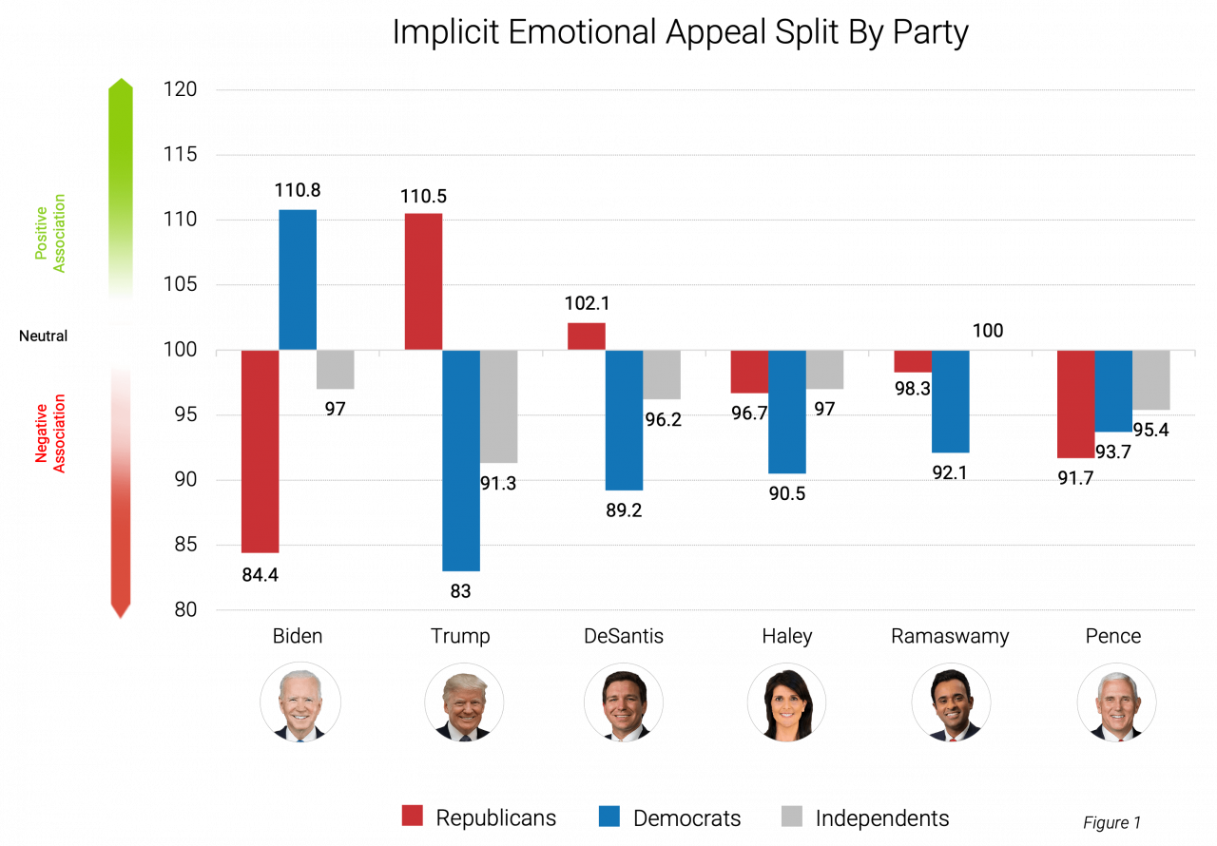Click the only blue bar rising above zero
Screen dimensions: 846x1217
(x=297, y=279)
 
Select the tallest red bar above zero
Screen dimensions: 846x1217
(x=423, y=281)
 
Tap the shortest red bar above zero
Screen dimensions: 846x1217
(x=586, y=336)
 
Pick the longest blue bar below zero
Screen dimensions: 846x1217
(x=460, y=461)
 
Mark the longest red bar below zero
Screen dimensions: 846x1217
(x=260, y=452)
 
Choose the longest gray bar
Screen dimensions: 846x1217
(x=498, y=407)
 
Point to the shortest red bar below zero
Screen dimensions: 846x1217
(x=912, y=362)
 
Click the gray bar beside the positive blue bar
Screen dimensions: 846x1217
(x=335, y=370)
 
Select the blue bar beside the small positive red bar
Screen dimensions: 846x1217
(x=624, y=421)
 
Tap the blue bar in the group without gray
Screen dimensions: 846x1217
(x=950, y=402)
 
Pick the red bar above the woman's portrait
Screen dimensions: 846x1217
(x=748, y=372)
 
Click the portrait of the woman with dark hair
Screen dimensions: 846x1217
(x=786, y=702)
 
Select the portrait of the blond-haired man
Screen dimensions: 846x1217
(x=464, y=702)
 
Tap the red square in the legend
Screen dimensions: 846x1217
(x=412, y=816)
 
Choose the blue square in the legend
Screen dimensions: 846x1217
(x=608, y=816)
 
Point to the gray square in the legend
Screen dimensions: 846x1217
(x=791, y=816)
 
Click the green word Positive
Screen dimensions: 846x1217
(x=41, y=226)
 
